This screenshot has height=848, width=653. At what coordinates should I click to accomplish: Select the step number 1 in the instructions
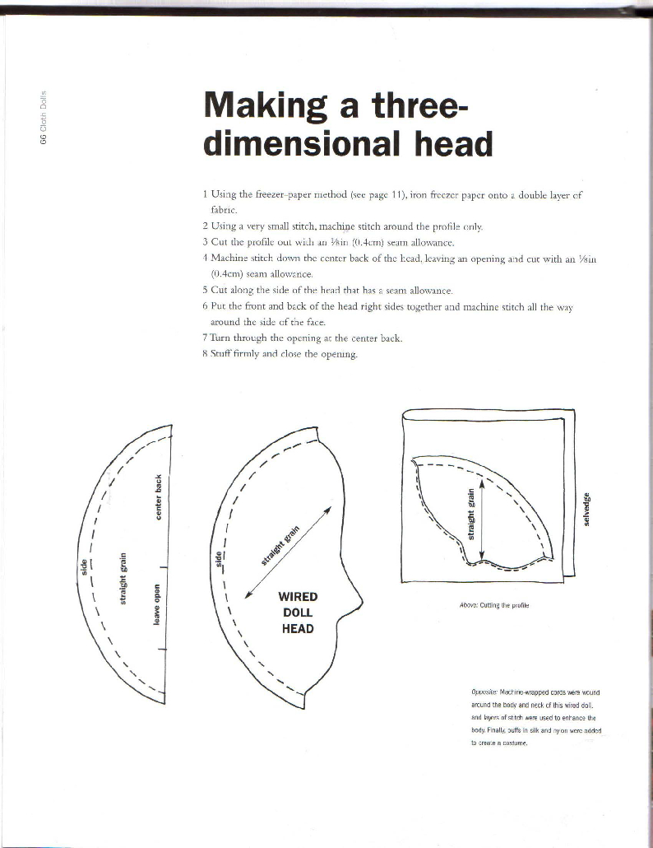(206, 194)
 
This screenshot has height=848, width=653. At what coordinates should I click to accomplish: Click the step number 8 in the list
(206, 355)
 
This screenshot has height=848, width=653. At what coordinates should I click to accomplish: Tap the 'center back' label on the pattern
(158, 497)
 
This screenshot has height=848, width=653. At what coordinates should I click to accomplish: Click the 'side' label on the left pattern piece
(84, 567)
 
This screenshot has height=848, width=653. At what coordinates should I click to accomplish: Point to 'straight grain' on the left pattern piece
(123, 578)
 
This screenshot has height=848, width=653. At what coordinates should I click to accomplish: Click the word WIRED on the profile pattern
(298, 597)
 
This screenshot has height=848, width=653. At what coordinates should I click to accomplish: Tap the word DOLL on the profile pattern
(298, 613)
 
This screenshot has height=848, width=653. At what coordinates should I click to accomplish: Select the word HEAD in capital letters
(298, 628)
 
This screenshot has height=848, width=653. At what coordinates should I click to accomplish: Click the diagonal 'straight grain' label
(280, 545)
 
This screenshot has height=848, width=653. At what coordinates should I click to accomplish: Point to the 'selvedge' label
(586, 509)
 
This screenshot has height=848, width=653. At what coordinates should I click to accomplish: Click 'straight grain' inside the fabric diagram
(471, 514)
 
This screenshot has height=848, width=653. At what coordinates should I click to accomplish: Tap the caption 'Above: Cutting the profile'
(494, 606)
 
